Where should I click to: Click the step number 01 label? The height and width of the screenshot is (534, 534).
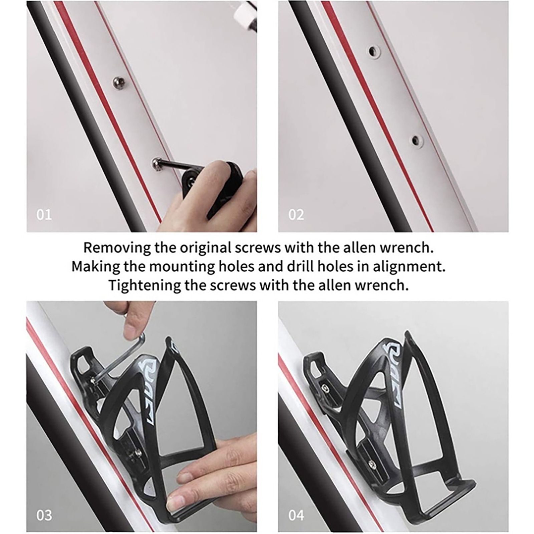click(x=44, y=215)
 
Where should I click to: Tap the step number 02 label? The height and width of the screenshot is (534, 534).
click(x=296, y=215)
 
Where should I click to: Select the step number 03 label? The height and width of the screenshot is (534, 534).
click(x=44, y=515)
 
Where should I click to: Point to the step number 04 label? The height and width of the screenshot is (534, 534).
click(x=296, y=515)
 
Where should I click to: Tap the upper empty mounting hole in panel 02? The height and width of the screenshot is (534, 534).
click(x=374, y=51)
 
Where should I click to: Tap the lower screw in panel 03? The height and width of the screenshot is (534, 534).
click(x=138, y=453)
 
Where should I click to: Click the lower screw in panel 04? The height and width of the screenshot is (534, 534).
click(x=371, y=464)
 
